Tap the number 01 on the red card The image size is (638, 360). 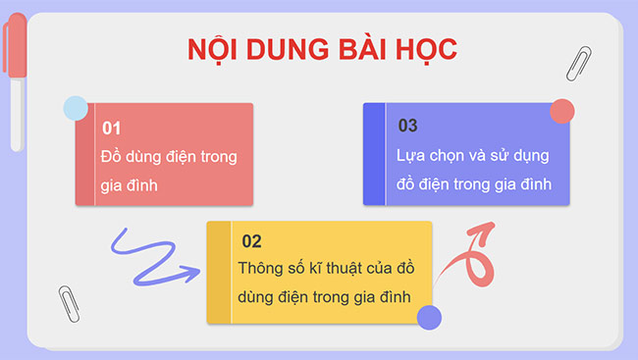[x=111, y=129]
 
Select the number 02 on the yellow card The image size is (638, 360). [x=251, y=241]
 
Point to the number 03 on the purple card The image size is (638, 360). [x=408, y=126]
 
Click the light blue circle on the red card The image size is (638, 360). [x=74, y=107]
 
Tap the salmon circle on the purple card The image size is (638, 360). [x=561, y=110]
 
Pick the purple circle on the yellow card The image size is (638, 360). [x=429, y=317]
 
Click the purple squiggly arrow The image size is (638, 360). [x=147, y=257]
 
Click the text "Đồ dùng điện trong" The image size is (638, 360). [x=169, y=156]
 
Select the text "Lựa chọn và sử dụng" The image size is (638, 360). [x=472, y=156]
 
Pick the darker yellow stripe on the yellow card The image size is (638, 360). [x=217, y=273]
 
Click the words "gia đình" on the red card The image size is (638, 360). [x=131, y=184]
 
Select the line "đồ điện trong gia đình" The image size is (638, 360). [x=473, y=183]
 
